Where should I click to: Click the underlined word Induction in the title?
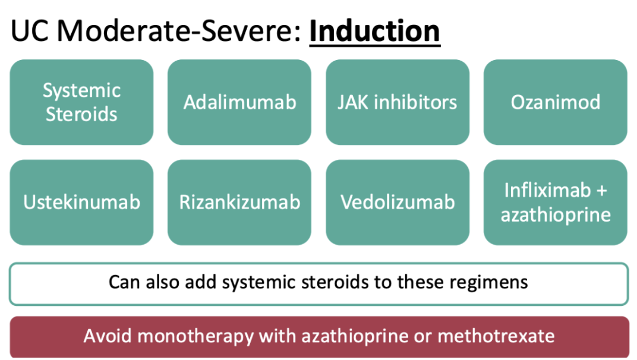[374, 31]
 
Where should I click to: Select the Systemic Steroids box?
[81, 102]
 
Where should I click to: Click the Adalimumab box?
[239, 102]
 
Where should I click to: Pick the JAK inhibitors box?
[398, 102]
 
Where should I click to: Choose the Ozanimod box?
[556, 102]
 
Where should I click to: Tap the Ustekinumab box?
[81, 203]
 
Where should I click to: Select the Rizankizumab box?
[239, 203]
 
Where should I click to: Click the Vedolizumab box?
[398, 203]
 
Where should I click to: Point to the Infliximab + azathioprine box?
[556, 203]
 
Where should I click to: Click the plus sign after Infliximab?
[602, 191]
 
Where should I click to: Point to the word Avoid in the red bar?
[108, 336]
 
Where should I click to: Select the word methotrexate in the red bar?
[496, 336]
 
